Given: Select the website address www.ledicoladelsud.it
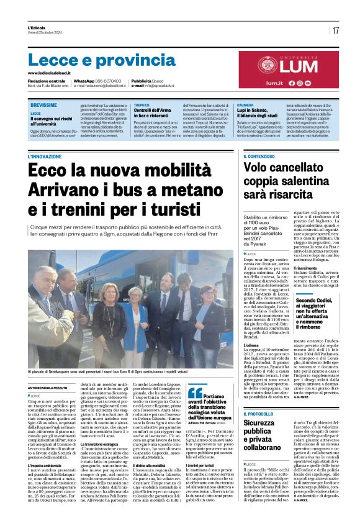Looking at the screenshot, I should pyautogui.click(x=52, y=73).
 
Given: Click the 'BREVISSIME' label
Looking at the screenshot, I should pyautogui.click(x=43, y=106).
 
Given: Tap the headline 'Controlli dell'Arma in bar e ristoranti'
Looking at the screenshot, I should pyautogui.click(x=153, y=112).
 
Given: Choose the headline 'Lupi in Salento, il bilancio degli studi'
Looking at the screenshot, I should pyautogui.click(x=257, y=112).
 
